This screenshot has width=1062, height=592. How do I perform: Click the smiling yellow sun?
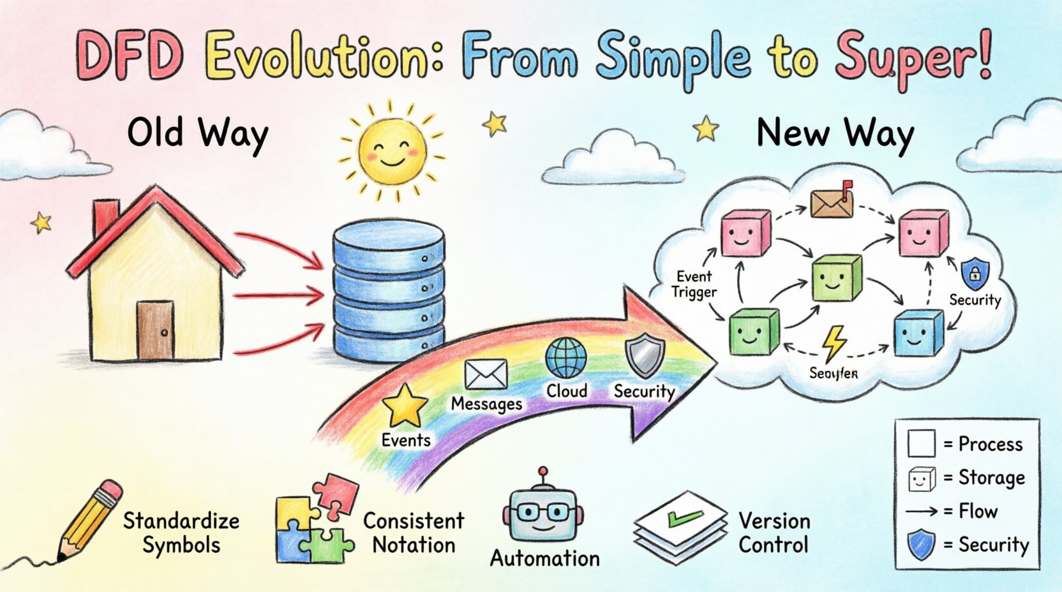[391, 152]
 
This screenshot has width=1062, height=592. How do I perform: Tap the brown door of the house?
[155, 330]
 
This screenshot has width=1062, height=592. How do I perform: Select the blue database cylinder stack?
[389, 293]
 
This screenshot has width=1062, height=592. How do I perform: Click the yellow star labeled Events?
[405, 406]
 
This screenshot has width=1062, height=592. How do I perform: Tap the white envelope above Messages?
[486, 374]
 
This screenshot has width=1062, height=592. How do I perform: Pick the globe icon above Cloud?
[566, 358]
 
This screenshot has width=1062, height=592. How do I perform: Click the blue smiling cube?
[918, 333]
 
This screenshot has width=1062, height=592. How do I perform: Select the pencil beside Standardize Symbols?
[89, 523]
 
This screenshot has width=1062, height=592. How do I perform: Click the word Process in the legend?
[991, 444]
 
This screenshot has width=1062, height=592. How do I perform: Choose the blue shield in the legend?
[921, 545]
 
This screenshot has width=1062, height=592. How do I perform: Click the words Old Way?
[198, 134]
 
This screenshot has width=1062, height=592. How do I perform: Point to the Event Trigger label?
[695, 285]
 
